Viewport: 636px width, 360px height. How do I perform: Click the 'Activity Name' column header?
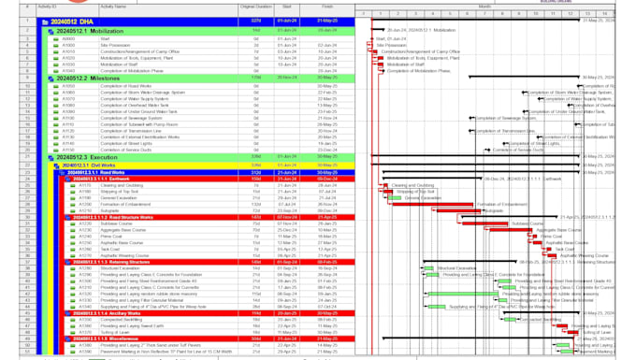tap(113, 7)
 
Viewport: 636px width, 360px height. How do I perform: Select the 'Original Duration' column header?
tap(255, 7)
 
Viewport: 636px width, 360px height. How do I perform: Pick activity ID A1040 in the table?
tap(68, 70)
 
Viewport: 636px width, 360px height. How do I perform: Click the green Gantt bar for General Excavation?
tap(395, 198)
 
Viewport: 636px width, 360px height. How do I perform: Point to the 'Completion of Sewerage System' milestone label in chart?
tap(506, 119)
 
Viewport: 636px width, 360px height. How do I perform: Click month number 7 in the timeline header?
tap(485, 14)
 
